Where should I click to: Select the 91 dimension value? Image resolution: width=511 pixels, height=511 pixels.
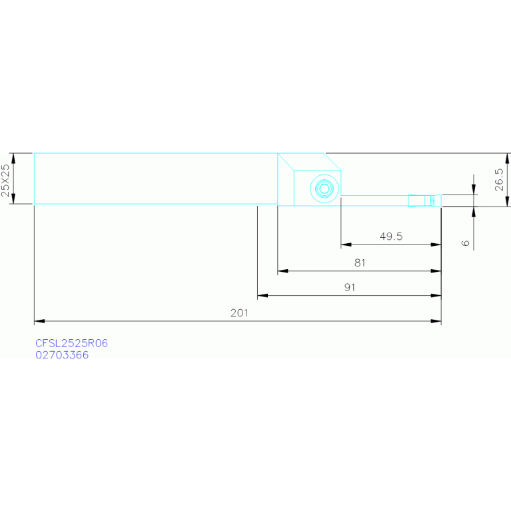point(349,287)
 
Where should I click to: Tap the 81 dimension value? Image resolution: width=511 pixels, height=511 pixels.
point(360,263)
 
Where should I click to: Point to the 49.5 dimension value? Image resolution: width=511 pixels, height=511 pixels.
point(391,237)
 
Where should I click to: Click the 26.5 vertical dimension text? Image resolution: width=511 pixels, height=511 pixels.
point(499,180)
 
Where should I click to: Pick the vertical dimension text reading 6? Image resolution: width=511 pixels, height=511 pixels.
point(465,243)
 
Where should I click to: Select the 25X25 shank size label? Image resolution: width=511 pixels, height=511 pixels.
point(6,180)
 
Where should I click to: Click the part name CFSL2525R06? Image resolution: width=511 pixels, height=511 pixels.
point(71,343)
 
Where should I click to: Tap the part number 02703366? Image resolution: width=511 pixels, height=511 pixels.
point(62,355)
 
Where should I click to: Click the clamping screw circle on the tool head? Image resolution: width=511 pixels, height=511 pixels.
point(324,189)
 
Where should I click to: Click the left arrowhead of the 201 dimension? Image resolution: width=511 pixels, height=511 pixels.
point(39,322)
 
